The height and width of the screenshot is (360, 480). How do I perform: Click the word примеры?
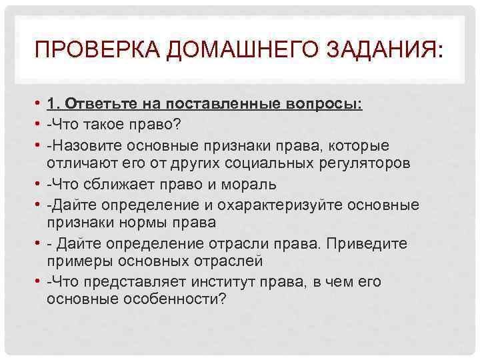pyautogui.click(x=76, y=261)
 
